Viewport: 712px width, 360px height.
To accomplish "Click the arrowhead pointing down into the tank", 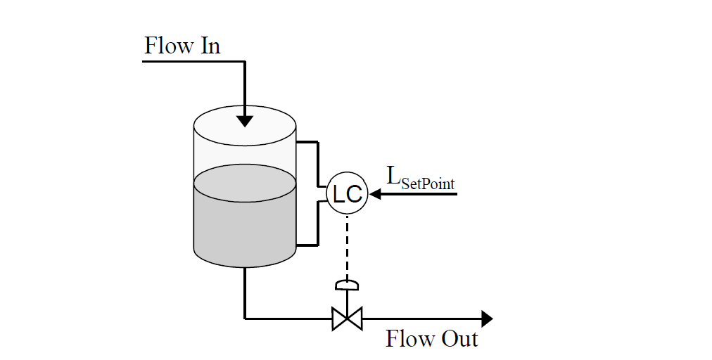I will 244,119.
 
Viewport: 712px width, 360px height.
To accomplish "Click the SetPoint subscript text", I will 428,184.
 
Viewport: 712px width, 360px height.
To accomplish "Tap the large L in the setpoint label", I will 393,176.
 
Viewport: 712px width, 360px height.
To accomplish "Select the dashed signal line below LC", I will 347,246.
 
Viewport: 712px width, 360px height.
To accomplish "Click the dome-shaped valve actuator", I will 347,285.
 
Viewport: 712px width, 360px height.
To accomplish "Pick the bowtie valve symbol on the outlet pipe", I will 347,319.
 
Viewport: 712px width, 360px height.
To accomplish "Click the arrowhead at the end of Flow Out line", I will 485,319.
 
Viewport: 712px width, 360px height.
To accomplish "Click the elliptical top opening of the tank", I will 244,127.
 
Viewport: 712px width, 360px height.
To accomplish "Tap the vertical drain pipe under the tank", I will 244,292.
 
